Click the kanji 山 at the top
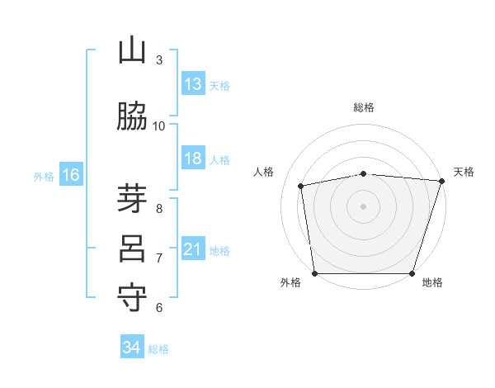pyautogui.click(x=132, y=50)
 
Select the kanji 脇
pyautogui.click(x=132, y=116)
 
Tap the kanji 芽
pyautogui.click(x=132, y=198)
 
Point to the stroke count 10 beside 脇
pyautogui.click(x=158, y=126)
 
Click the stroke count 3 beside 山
pyautogui.click(x=159, y=60)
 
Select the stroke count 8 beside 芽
pyautogui.click(x=159, y=209)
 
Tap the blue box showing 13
pyautogui.click(x=193, y=83)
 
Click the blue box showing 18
pyautogui.click(x=193, y=158)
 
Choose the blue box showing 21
pyautogui.click(x=193, y=248)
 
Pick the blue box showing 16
pyautogui.click(x=71, y=174)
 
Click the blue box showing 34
pyautogui.click(x=132, y=346)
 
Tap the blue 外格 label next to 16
pyautogui.click(x=44, y=177)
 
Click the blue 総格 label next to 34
pyautogui.click(x=158, y=349)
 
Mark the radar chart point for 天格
pyautogui.click(x=442, y=181)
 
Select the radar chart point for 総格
pyautogui.click(x=364, y=174)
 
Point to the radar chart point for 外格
pyautogui.click(x=315, y=273)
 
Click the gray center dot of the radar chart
pyautogui.click(x=363, y=206)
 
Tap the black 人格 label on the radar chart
pyautogui.click(x=263, y=172)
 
